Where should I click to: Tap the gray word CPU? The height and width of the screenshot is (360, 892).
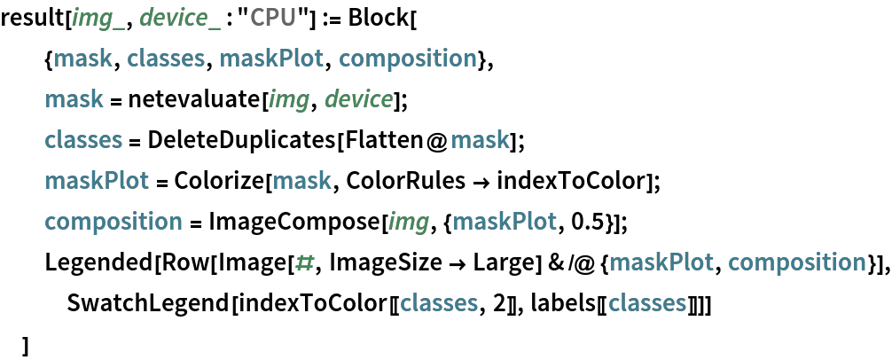273,18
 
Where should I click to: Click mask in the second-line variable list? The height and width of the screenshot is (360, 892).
82,59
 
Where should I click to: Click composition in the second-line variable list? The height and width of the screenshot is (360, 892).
408,59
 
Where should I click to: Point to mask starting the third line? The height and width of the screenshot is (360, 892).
74,99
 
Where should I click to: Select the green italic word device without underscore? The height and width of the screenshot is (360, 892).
358,99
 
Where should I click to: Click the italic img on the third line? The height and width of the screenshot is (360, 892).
288,99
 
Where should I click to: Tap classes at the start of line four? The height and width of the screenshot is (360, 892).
83,140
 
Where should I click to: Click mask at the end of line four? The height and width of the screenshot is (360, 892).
480,140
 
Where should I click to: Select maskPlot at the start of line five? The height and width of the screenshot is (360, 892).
97,181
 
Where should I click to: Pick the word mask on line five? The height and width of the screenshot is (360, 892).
301,181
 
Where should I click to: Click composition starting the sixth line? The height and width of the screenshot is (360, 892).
113,222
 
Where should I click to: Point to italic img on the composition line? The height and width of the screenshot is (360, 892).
408,222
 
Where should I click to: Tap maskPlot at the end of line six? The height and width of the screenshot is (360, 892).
505,222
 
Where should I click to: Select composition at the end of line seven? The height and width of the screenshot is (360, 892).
796,262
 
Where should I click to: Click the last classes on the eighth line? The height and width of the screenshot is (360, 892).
647,303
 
